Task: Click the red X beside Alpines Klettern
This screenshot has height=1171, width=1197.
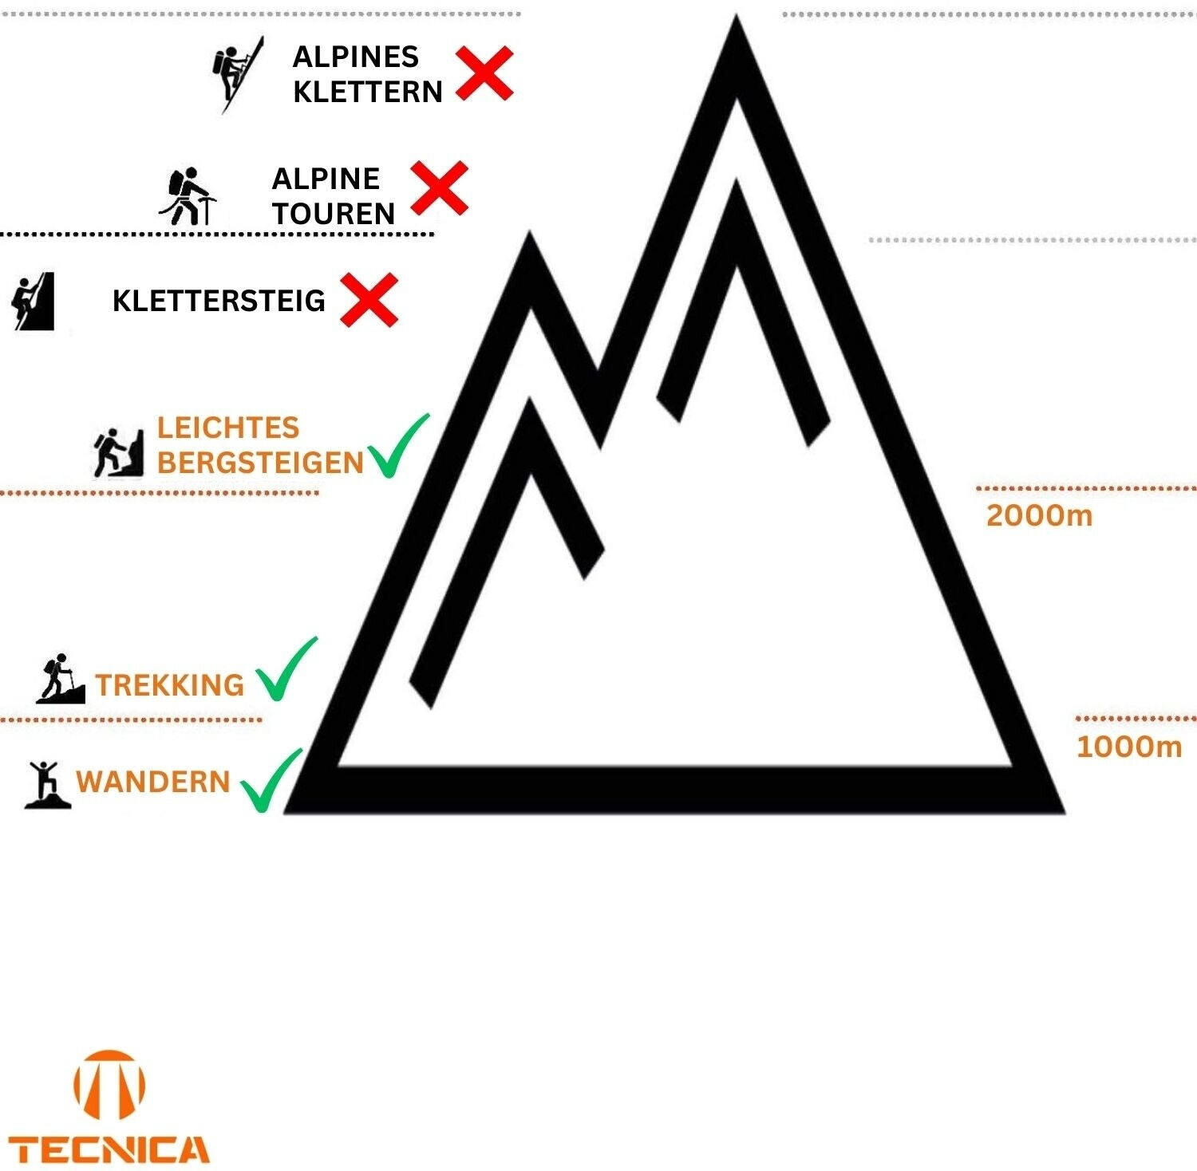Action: tap(484, 73)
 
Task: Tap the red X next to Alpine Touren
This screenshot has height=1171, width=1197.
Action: tap(439, 188)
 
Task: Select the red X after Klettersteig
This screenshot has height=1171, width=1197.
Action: tap(369, 300)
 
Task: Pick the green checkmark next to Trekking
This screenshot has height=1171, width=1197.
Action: tap(286, 671)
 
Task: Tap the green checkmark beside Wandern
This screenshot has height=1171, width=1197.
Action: tap(271, 781)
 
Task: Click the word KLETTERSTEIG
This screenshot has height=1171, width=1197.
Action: tap(219, 301)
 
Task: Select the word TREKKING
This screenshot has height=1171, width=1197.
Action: tap(169, 685)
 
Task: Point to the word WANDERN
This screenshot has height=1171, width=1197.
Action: tap(152, 782)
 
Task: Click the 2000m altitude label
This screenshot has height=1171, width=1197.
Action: tap(1039, 515)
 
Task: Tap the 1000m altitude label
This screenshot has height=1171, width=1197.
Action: tap(1128, 747)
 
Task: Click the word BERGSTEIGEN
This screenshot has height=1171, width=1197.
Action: tap(260, 463)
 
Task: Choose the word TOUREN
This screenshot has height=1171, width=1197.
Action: tap(334, 214)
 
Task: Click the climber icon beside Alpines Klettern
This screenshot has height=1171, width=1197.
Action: tap(236, 73)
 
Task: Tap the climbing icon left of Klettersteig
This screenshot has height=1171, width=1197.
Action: tap(34, 301)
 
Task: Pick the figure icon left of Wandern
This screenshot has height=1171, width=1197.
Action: tap(47, 784)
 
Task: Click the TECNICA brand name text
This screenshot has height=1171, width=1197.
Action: tap(109, 1150)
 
